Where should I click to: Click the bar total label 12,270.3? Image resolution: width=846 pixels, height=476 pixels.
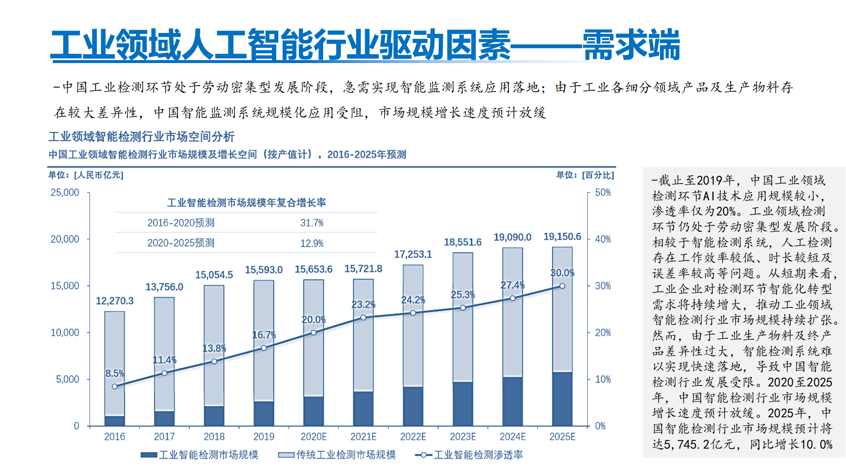point(114,301)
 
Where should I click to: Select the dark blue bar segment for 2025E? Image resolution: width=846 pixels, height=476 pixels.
point(562,399)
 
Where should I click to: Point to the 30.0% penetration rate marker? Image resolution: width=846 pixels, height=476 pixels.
point(562,286)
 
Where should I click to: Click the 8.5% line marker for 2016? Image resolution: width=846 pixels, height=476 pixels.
point(115,386)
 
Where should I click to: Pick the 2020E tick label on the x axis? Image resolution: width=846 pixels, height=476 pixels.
point(313,437)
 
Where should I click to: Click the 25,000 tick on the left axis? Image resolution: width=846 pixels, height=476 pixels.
point(65,193)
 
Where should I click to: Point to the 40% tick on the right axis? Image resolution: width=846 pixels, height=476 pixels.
point(603,239)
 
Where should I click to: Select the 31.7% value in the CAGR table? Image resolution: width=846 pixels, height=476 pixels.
point(312,223)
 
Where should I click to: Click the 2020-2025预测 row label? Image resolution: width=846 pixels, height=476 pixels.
point(181,243)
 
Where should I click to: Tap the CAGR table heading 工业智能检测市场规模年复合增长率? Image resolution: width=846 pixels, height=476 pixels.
point(246,203)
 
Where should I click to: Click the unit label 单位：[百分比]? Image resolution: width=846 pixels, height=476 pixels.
point(585,175)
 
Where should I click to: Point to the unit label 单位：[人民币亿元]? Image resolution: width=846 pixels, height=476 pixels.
point(85,175)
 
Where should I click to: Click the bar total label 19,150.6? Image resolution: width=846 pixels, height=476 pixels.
point(562,237)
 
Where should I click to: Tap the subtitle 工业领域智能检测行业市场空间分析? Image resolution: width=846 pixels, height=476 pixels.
point(141,137)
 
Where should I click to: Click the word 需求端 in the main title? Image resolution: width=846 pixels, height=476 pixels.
point(631,45)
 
